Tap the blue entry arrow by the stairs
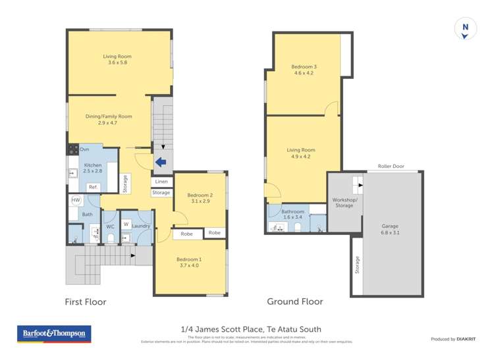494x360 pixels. pyautogui.click(x=160, y=163)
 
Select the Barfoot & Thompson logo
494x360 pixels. pyautogui.click(x=55, y=334)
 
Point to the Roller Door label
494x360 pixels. pyautogui.click(x=391, y=167)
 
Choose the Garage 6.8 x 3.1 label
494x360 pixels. pyautogui.click(x=390, y=229)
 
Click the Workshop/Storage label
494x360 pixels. pyautogui.click(x=344, y=202)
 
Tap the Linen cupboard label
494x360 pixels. pyautogui.click(x=161, y=182)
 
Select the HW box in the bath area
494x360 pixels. pyautogui.click(x=76, y=200)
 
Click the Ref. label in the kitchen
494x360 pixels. pyautogui.click(x=94, y=187)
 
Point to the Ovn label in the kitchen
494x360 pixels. pyautogui.click(x=84, y=150)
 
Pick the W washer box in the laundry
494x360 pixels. pyautogui.click(x=126, y=224)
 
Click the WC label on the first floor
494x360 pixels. pyautogui.click(x=111, y=226)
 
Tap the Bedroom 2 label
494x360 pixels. pyautogui.click(x=200, y=198)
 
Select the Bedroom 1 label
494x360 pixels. pyautogui.click(x=189, y=263)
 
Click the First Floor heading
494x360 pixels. pyautogui.click(x=85, y=302)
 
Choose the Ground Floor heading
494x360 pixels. pyautogui.click(x=294, y=301)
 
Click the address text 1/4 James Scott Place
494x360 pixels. pyautogui.click(x=251, y=329)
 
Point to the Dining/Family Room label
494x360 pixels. pyautogui.click(x=109, y=120)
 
